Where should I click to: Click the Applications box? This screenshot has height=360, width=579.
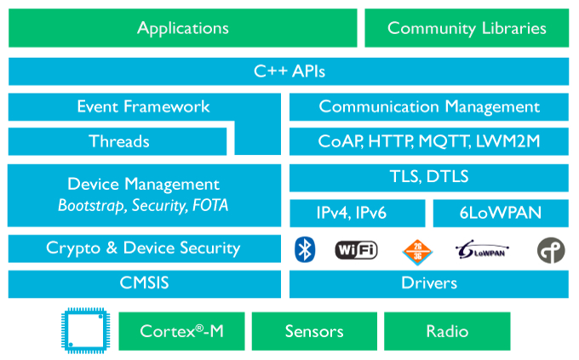(x=183, y=28)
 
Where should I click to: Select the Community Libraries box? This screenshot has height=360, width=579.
(x=467, y=28)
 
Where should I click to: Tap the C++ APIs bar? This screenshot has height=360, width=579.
(x=289, y=71)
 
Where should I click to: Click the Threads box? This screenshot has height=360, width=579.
(x=118, y=141)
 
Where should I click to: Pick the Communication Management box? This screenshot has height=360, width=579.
(x=429, y=106)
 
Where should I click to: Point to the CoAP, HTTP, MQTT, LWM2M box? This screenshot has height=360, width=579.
(x=429, y=141)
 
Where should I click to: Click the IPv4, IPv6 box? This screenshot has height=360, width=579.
(x=358, y=213)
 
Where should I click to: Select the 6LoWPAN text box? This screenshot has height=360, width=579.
(x=501, y=213)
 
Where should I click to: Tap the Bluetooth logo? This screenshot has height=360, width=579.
(x=305, y=250)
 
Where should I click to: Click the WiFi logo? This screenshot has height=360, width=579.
(x=356, y=250)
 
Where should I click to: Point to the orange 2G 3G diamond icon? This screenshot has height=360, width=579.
(x=417, y=252)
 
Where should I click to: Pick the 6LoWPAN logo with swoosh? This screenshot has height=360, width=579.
(x=482, y=250)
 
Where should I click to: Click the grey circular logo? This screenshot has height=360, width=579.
(x=551, y=250)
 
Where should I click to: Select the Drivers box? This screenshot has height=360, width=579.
(x=429, y=283)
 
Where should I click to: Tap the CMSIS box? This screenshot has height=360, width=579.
(x=145, y=283)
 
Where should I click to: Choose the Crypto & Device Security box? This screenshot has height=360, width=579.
(x=145, y=249)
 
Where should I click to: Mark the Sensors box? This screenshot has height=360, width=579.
(x=314, y=331)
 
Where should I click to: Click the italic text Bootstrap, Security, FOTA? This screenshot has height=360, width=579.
(x=143, y=206)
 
